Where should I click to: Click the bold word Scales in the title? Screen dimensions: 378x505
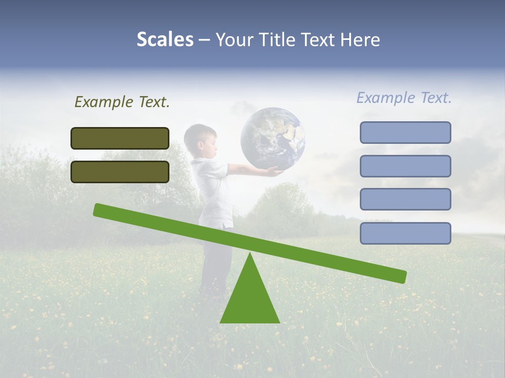click(x=165, y=39)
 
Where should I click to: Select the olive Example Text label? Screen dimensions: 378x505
click(x=122, y=102)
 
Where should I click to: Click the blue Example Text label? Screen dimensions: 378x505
click(x=404, y=98)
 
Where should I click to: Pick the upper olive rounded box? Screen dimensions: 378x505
click(x=120, y=138)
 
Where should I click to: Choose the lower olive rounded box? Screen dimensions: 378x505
click(x=120, y=172)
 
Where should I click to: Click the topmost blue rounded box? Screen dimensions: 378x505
click(x=405, y=132)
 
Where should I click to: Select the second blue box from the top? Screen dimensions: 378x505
click(x=405, y=166)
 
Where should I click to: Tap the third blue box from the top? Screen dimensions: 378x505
click(x=405, y=199)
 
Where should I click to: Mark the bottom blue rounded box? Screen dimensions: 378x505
click(x=405, y=233)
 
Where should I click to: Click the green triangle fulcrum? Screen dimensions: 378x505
click(x=250, y=299)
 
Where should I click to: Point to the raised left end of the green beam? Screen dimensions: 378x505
click(x=100, y=210)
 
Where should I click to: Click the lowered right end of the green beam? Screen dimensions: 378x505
click(x=400, y=276)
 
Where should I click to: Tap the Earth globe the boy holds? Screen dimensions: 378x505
click(x=272, y=138)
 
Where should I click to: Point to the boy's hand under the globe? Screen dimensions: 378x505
click(x=274, y=172)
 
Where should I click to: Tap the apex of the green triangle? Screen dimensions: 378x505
click(x=250, y=255)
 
